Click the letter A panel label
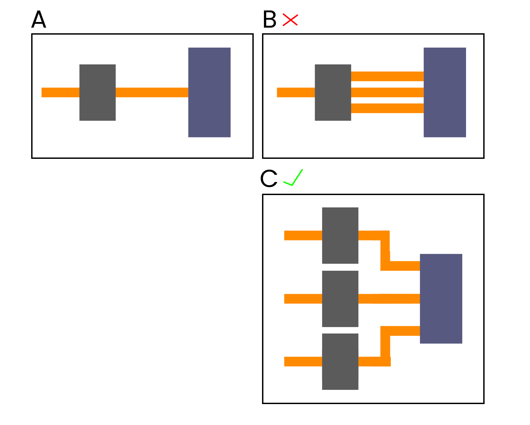tap(39, 19)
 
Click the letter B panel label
tap(270, 19)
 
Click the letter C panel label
tap(269, 178)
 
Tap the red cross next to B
tap(290, 20)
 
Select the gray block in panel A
tap(98, 93)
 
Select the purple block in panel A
tap(209, 93)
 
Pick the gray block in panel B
tap(333, 93)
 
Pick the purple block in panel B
tap(445, 93)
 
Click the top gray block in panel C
tap(340, 236)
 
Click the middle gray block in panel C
tap(340, 299)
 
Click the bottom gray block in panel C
tap(340, 362)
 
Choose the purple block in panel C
tap(441, 299)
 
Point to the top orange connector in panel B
tap(387, 76)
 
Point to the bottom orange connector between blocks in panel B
tap(387, 108)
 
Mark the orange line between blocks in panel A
tap(152, 93)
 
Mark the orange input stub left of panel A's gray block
tap(60, 93)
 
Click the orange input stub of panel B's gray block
tap(296, 93)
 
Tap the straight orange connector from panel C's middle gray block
tap(389, 299)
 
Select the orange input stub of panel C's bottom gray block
tap(303, 362)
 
